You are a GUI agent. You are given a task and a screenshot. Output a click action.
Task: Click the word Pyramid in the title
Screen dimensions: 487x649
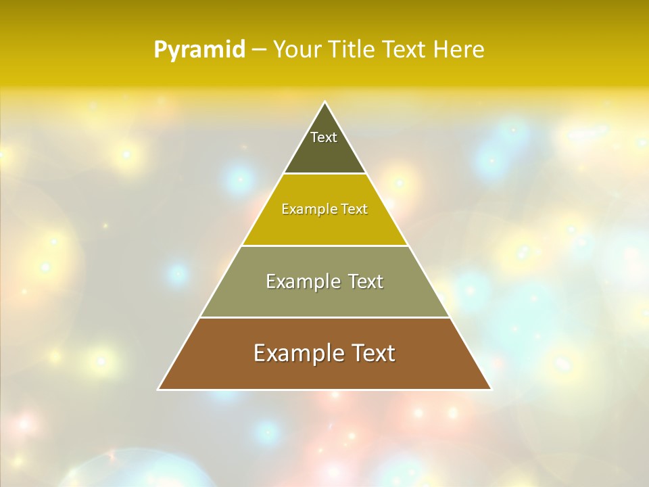pyautogui.click(x=199, y=50)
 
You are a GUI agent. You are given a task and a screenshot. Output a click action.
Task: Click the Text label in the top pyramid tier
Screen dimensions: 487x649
pyautogui.click(x=324, y=137)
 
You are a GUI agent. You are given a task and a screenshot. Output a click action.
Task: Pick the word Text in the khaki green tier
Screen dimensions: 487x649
pyautogui.click(x=366, y=281)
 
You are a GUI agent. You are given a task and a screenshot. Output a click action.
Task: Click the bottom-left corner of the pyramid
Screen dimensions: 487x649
pyautogui.click(x=159, y=389)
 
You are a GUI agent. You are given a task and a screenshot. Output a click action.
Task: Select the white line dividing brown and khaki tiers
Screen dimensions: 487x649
pyautogui.click(x=324, y=317)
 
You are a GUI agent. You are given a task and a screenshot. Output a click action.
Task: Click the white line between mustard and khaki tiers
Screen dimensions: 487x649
pyautogui.click(x=324, y=246)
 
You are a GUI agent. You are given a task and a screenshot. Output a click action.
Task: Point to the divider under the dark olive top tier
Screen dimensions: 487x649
pyautogui.click(x=324, y=174)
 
